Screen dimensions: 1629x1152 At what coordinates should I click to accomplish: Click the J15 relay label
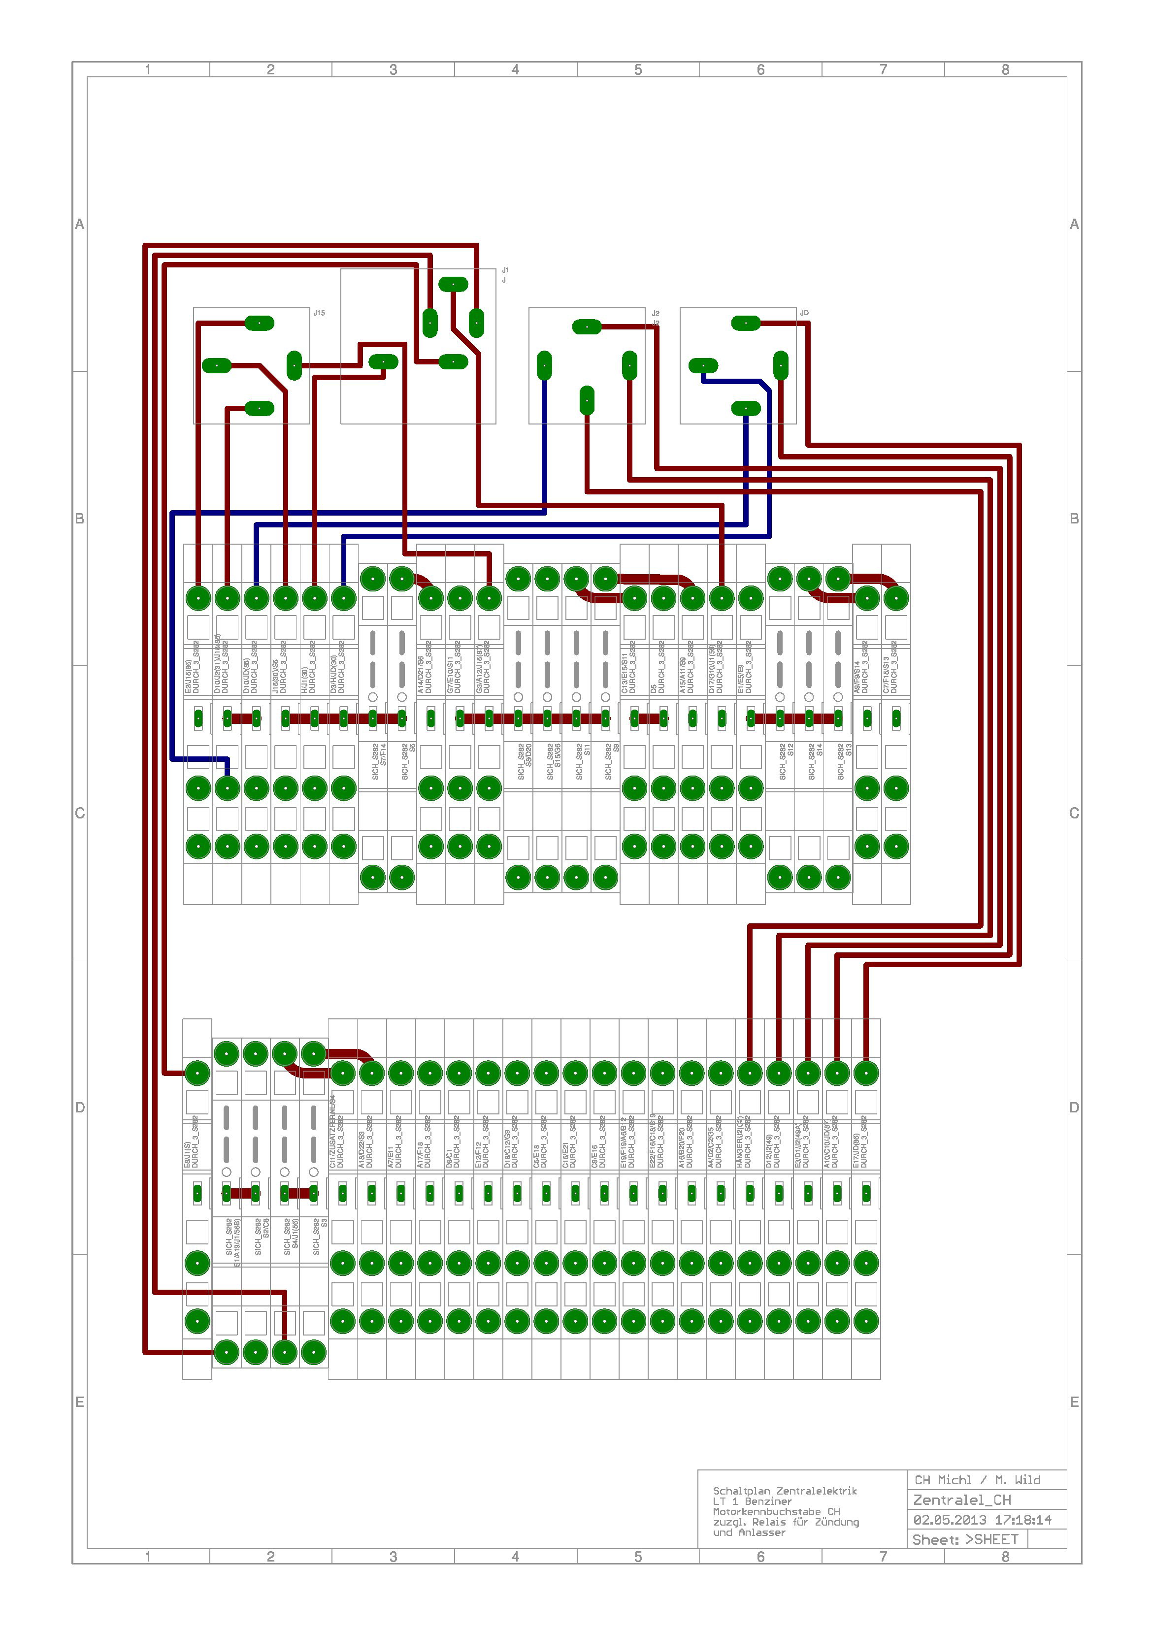pos(320,313)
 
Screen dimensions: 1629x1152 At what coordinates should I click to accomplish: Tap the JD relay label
pos(804,313)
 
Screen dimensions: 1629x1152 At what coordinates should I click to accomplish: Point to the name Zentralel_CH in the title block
pos(962,1500)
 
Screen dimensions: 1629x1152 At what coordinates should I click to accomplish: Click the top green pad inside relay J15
pos(260,324)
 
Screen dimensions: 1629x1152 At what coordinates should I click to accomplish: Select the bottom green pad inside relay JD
pos(745,408)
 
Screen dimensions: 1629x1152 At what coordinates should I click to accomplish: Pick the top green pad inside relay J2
pos(587,326)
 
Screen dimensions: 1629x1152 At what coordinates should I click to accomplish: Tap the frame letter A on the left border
pos(79,224)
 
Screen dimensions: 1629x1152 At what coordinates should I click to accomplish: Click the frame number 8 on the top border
pos(1005,69)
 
